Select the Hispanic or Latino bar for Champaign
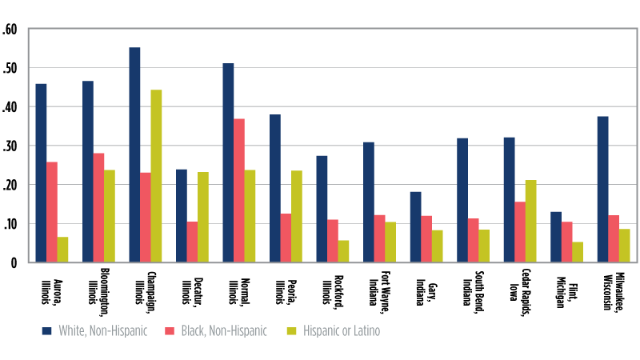156,176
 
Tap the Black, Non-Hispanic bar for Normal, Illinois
239,190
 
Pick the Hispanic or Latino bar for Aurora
62,249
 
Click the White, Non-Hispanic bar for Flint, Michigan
556,237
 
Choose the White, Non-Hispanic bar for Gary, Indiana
415,226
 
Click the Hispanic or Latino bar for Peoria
297,216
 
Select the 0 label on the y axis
14,262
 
